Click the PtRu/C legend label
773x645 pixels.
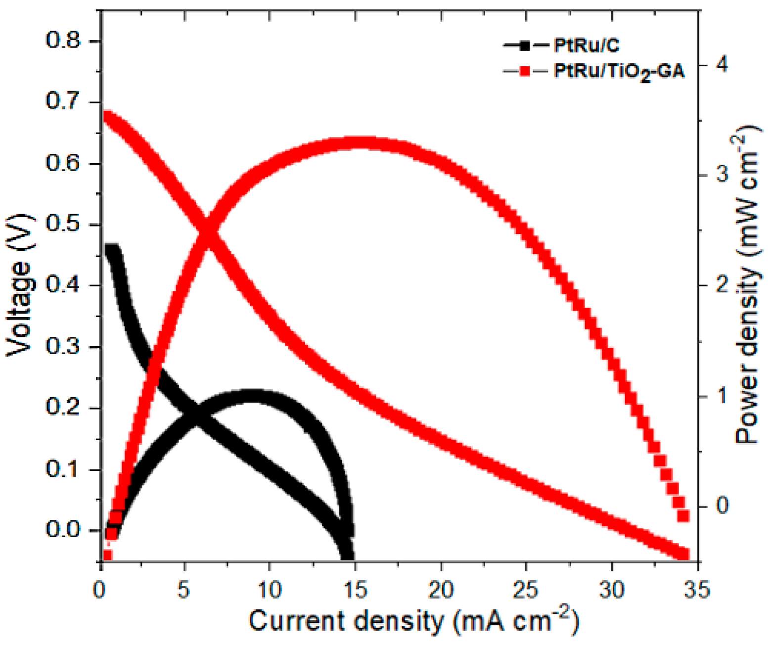586,46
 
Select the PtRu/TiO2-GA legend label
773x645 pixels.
619,72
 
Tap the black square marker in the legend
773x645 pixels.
525,46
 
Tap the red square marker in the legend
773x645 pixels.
525,72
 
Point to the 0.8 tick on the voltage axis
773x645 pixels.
63,41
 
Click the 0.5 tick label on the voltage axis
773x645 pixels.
63,224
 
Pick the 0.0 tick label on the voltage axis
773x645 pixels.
63,530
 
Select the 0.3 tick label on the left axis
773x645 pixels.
63,346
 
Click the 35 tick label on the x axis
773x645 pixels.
697,590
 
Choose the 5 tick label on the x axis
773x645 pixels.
184,590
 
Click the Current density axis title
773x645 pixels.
413,621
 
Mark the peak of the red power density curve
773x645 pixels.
361,144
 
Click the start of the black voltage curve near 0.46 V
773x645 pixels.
112,250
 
